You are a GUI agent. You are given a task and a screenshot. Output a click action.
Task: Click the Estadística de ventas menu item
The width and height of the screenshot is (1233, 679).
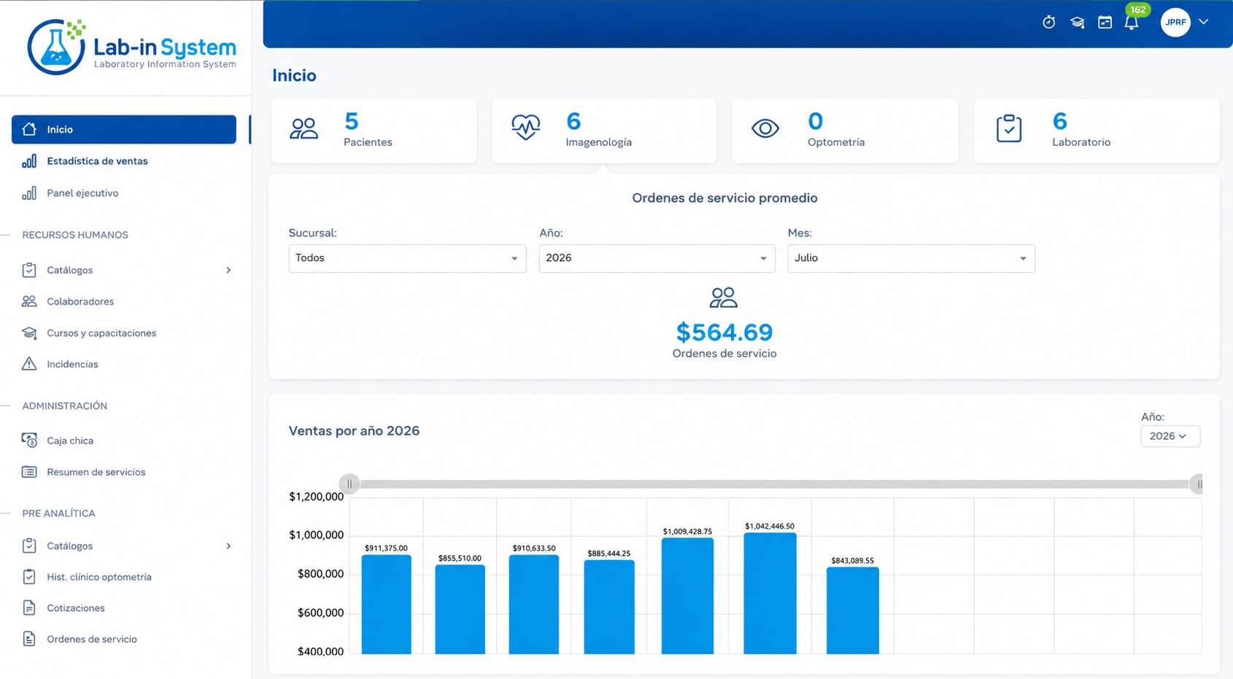pos(98,161)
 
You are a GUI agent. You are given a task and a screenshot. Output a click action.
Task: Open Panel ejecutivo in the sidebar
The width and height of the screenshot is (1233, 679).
pos(82,193)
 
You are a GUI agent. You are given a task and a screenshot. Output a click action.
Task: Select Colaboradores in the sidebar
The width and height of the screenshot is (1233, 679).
pos(80,301)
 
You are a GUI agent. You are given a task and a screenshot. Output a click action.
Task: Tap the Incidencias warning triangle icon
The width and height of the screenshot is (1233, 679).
pos(29,364)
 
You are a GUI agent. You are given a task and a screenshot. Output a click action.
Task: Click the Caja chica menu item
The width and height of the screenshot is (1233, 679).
pos(70,441)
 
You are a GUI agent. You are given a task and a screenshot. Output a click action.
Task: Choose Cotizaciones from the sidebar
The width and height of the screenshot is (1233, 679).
pos(75,608)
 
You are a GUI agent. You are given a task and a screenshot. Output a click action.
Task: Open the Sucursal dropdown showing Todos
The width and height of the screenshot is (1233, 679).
pos(407,258)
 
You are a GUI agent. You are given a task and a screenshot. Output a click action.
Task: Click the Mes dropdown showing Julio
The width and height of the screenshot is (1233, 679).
pos(911,258)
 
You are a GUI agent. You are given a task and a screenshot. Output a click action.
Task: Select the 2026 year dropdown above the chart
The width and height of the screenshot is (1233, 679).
pos(1170,436)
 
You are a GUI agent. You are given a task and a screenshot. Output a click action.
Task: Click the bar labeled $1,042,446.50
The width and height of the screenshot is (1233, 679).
pos(770,593)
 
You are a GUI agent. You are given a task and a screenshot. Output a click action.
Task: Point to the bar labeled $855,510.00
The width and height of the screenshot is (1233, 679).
pos(460,609)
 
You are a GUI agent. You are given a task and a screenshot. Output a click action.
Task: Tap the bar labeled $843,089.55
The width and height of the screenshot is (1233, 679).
pos(852,610)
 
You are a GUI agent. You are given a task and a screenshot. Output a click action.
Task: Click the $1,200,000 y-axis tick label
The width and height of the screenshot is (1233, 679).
pos(316,497)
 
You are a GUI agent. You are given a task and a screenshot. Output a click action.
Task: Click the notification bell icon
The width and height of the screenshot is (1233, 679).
pos(1132,23)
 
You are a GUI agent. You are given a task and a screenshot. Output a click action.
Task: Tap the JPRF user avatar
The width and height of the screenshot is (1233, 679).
pos(1175,23)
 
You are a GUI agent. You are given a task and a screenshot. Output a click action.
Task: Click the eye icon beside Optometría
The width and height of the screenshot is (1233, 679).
pos(765,129)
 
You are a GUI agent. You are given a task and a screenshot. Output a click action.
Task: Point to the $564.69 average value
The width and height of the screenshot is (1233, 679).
pos(724,333)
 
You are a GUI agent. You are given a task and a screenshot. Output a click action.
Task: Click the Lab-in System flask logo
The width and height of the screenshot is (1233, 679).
pos(56,47)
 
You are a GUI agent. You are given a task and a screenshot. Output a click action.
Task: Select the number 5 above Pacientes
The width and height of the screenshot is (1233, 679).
pos(351,121)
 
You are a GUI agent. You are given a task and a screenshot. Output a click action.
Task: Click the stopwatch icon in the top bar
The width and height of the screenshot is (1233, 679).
pos(1048,22)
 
